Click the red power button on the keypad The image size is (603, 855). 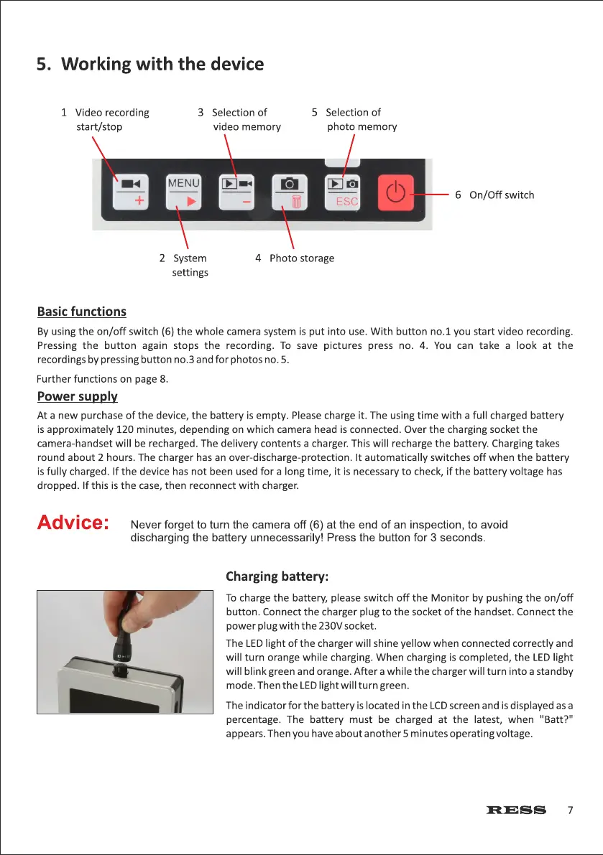click(396, 192)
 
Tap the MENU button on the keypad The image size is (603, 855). click(184, 192)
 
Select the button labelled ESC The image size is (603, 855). click(344, 192)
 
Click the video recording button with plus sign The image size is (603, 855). click(131, 192)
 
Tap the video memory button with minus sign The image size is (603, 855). click(237, 192)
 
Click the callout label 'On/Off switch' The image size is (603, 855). click(501, 195)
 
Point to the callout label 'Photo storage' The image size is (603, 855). click(301, 258)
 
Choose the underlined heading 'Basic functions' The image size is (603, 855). click(81, 312)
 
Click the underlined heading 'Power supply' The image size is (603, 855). click(77, 396)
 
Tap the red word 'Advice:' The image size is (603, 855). click(73, 523)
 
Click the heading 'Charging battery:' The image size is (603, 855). click(277, 576)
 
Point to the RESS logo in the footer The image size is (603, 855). click(516, 810)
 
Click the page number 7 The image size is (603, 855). click(570, 810)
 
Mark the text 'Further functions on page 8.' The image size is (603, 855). click(103, 380)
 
